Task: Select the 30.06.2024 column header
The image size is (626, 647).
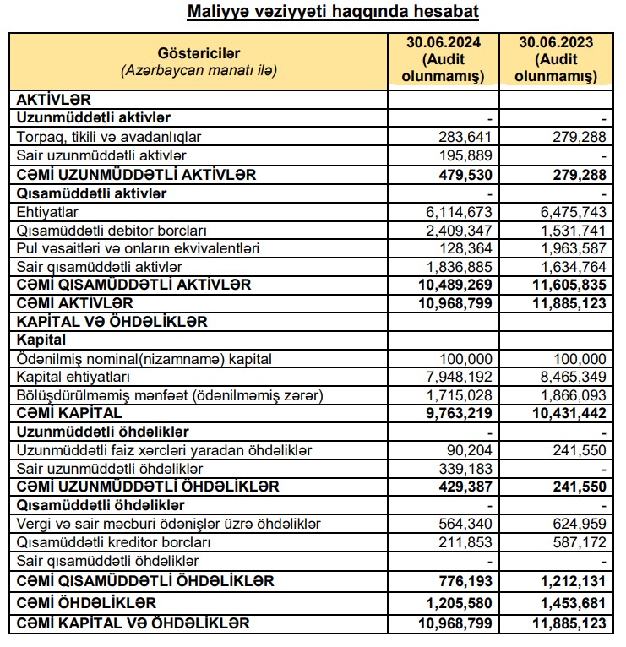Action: pos(442,59)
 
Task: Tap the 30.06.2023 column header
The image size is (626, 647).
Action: pos(555,59)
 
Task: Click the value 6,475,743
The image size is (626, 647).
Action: pos(570,212)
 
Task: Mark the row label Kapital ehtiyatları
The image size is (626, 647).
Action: pos(73,376)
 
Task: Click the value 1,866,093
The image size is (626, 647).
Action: pos(570,394)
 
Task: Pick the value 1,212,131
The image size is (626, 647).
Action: pos(570,582)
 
